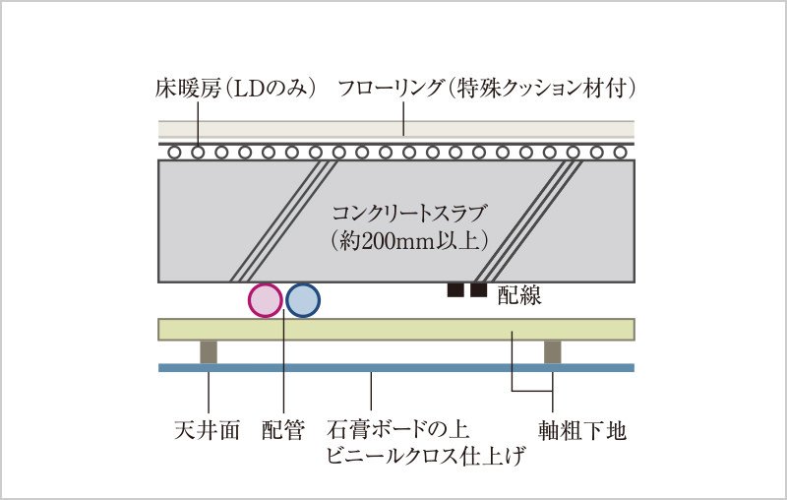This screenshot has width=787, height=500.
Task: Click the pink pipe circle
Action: tap(266, 300)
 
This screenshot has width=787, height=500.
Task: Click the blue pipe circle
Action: tap(303, 300)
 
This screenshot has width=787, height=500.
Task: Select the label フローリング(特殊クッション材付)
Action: tap(487, 89)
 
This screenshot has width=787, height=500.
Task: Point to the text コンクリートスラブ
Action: tap(409, 214)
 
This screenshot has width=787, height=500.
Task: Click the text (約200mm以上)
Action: tap(409, 241)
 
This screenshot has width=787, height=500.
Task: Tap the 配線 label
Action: tap(519, 295)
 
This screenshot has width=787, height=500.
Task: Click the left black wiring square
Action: tap(455, 290)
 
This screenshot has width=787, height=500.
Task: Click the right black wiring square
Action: tap(478, 290)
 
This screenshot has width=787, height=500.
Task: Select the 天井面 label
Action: tap(207, 430)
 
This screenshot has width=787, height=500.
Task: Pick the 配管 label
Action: tap(283, 430)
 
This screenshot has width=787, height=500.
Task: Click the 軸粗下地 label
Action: tap(582, 431)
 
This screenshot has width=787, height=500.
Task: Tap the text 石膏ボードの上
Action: tap(397, 430)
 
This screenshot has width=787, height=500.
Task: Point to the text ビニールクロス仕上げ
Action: tap(426, 456)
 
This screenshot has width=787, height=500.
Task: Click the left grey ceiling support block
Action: tap(209, 352)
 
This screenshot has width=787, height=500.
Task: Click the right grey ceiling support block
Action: tap(553, 352)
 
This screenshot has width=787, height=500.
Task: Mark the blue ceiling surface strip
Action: tap(396, 367)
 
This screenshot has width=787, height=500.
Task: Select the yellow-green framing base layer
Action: tap(396, 330)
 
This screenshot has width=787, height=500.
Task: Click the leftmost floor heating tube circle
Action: tap(174, 153)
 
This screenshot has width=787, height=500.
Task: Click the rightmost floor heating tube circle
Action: tap(621, 153)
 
